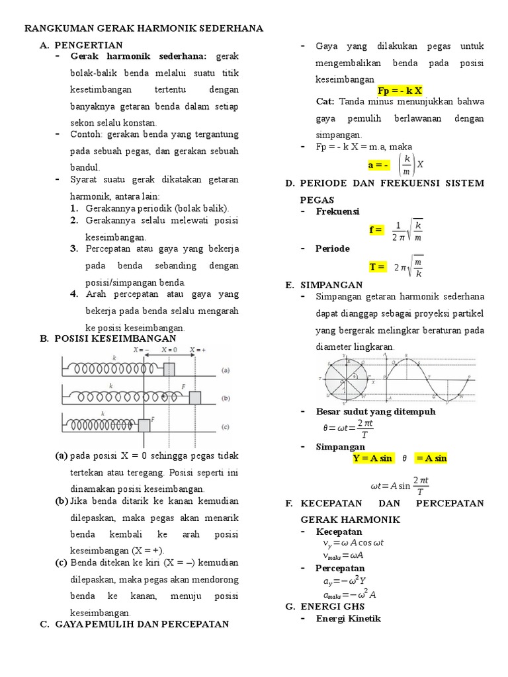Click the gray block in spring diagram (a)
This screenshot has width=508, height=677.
coord(170,369)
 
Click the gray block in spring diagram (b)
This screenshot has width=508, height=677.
coord(194,397)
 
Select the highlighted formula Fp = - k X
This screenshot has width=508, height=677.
coord(400,91)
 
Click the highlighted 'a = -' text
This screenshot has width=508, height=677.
coord(379,164)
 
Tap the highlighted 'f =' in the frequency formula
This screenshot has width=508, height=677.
coord(376,229)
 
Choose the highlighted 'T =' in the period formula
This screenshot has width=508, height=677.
coord(377,266)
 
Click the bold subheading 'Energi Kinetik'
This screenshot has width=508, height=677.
coord(349,619)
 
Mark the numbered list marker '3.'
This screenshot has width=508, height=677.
coord(75,249)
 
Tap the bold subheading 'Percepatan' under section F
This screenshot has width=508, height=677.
coord(341,568)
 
